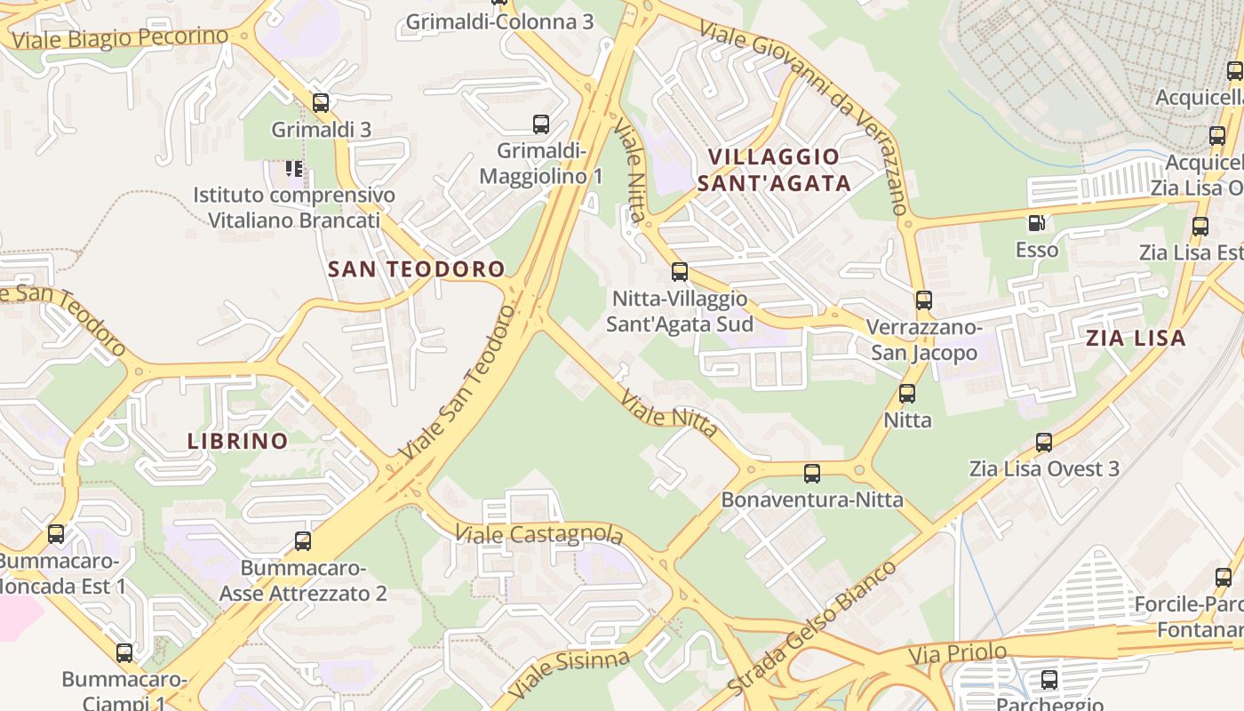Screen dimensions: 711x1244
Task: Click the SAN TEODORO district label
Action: point(416,269)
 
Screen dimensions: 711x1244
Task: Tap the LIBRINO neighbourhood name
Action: point(238,441)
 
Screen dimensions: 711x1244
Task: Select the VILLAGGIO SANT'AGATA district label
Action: point(774,170)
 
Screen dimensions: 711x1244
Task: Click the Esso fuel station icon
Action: point(1036,223)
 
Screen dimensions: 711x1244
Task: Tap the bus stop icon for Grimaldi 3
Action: point(321,103)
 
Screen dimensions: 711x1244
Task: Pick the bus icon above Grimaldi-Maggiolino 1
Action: point(541,124)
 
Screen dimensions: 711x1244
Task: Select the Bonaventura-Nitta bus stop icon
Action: point(812,474)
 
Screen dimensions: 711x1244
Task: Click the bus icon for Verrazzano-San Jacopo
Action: point(924,300)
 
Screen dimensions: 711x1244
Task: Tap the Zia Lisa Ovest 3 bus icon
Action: point(1044,442)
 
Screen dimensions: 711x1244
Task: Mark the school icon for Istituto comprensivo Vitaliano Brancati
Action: point(294,168)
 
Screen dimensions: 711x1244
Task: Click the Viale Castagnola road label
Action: point(538,534)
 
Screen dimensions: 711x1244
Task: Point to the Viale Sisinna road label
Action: point(569,673)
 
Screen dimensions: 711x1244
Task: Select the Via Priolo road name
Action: point(958,654)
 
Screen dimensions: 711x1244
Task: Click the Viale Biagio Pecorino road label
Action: point(121,38)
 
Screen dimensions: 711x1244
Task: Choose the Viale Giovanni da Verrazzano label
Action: point(803,116)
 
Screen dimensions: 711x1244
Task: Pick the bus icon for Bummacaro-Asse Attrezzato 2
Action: point(303,540)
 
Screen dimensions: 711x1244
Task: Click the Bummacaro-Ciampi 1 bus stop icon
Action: point(124,653)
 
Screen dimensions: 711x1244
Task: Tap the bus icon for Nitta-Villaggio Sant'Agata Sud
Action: point(680,272)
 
